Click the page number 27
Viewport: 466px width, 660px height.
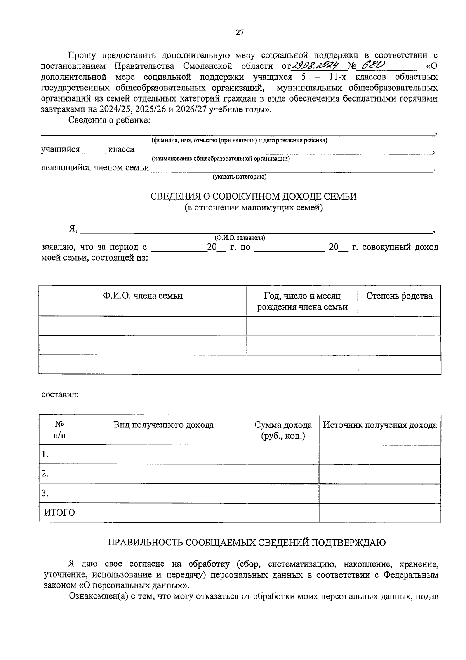pyautogui.click(x=240, y=33)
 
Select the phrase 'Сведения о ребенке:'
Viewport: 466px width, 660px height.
pyautogui.click(x=109, y=120)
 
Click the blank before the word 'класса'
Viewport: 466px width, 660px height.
pyautogui.click(x=94, y=150)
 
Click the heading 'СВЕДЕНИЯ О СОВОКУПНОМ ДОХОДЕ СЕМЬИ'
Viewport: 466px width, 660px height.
pyautogui.click(x=253, y=196)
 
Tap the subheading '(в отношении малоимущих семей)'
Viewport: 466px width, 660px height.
pyautogui.click(x=253, y=208)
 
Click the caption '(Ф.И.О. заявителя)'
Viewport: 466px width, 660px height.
pyautogui.click(x=240, y=238)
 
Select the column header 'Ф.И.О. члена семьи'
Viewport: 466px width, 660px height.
pyautogui.click(x=143, y=296)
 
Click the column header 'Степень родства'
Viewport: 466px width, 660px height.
pyautogui.click(x=399, y=296)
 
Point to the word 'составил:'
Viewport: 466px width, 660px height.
pyautogui.click(x=60, y=395)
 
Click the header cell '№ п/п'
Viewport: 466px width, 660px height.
pyautogui.click(x=59, y=430)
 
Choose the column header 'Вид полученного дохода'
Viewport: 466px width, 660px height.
pyautogui.click(x=163, y=425)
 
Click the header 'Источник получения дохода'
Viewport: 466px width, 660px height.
pyautogui.click(x=380, y=425)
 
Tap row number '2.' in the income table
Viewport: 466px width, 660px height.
pyautogui.click(x=45, y=474)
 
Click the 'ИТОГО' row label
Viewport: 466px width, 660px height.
pyautogui.click(x=59, y=513)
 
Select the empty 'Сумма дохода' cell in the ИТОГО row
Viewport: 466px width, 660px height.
pyautogui.click(x=283, y=513)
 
